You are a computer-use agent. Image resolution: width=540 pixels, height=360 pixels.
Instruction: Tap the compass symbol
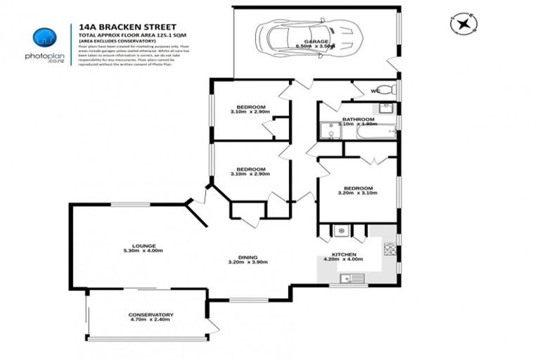click(463, 23)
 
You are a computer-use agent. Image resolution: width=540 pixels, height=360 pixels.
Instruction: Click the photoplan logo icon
click(44, 37)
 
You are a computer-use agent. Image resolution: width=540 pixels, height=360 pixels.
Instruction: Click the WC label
click(375, 91)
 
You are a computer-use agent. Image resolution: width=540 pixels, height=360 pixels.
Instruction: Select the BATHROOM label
click(356, 120)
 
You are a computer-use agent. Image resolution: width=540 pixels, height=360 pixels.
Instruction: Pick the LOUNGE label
click(146, 245)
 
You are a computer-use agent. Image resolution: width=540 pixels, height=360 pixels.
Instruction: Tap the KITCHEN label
click(345, 254)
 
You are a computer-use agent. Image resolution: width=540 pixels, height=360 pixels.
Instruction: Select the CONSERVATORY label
click(150, 314)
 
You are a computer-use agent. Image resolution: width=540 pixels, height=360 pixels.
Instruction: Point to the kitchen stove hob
click(389, 249)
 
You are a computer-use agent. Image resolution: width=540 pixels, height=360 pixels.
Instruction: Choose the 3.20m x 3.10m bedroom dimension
click(358, 193)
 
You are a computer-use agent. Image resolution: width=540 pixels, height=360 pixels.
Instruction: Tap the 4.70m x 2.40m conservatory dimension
click(150, 320)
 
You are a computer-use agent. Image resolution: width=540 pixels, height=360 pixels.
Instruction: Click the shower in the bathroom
click(328, 132)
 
